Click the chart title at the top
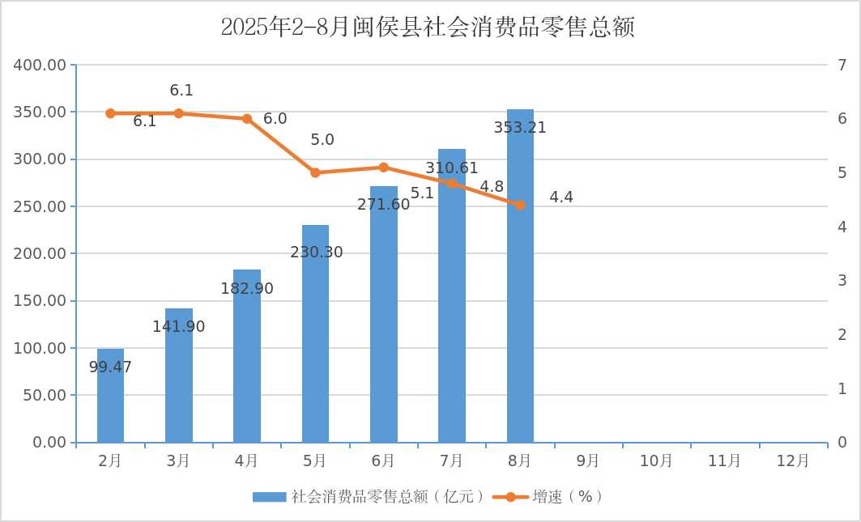tap(427, 28)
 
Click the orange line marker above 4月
tap(247, 118)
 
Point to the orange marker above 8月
tap(520, 205)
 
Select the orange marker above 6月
tap(384, 168)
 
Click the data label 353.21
tap(520, 128)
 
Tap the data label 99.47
tap(110, 367)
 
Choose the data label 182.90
tap(247, 289)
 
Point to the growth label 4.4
tap(561, 197)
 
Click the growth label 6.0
tap(275, 119)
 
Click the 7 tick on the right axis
tap(842, 65)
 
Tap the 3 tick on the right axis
tap(842, 281)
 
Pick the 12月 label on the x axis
tap(792, 461)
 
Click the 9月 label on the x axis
tap(588, 461)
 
